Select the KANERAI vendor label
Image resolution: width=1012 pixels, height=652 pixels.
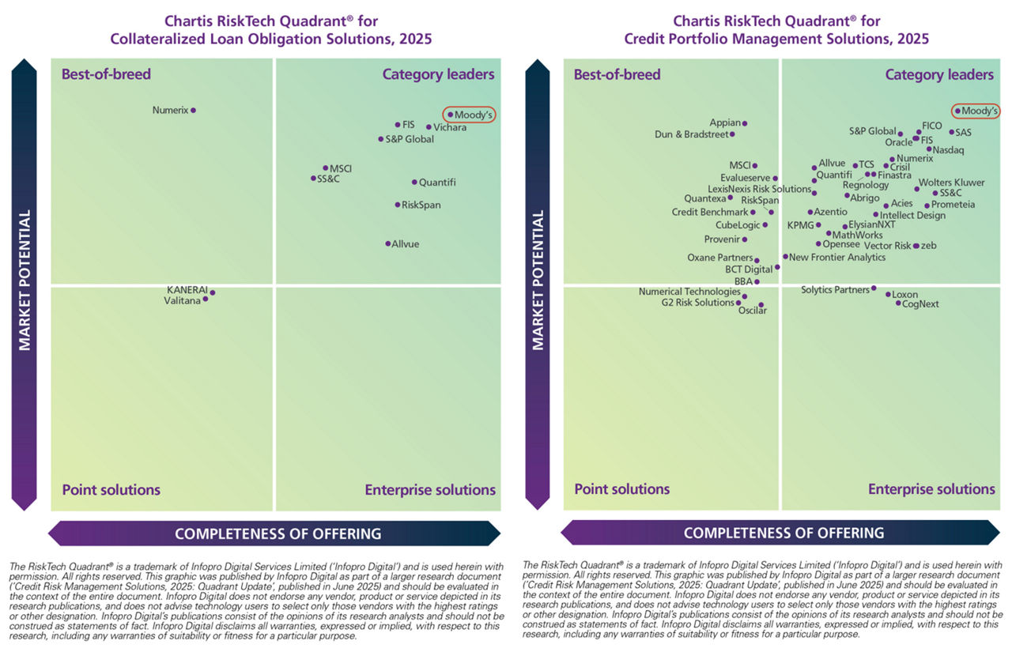187,290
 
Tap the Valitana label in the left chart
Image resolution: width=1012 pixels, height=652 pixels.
182,300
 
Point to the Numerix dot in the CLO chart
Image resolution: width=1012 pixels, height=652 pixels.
194,111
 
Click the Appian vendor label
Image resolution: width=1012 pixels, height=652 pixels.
725,123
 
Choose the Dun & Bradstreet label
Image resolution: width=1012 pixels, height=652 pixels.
692,134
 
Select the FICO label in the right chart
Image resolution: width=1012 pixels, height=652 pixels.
932,126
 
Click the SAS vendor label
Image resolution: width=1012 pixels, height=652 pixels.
963,133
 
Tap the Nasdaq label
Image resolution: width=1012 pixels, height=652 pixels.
949,149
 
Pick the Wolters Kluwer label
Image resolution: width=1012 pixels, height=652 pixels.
951,183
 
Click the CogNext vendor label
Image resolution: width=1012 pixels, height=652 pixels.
920,303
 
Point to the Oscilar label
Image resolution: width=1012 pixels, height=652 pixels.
752,311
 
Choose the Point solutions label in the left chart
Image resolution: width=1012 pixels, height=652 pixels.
111,490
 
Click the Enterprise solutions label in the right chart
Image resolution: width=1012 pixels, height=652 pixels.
931,489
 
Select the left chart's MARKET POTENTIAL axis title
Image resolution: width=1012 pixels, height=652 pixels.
25,280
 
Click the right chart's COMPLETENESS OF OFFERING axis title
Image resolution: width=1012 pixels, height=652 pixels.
784,533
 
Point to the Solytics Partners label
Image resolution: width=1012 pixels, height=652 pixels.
835,290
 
